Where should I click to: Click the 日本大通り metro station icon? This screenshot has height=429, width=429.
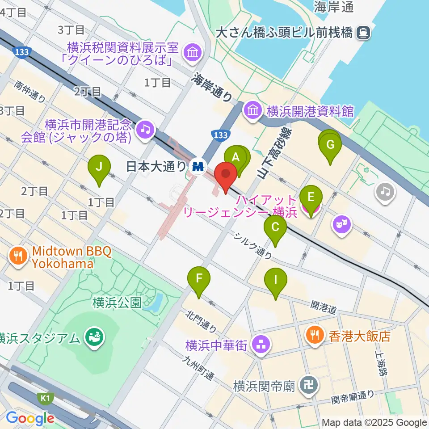(197, 167)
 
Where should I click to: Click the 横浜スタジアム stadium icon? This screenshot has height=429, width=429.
(94, 336)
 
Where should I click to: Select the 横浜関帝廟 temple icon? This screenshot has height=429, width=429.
(309, 385)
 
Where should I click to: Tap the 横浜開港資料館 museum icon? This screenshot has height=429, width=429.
(252, 109)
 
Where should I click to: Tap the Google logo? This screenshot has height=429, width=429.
(30, 418)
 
